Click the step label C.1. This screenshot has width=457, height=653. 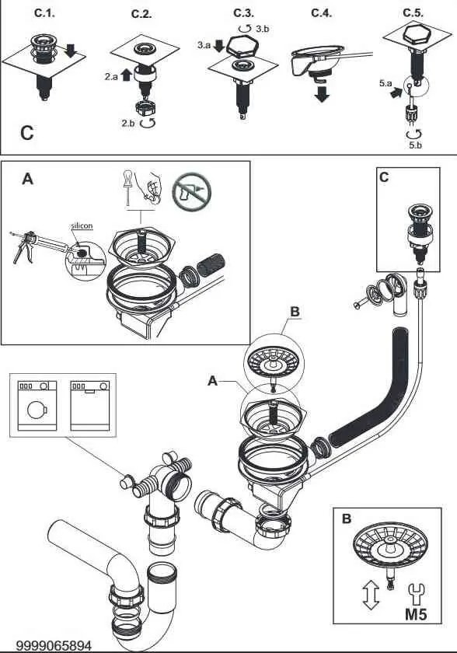click(x=44, y=13)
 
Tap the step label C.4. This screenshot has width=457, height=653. click(x=321, y=13)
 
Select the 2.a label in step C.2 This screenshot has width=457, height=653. click(x=111, y=77)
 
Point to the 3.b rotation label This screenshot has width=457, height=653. click(x=262, y=29)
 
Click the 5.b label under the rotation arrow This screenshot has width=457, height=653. click(x=415, y=145)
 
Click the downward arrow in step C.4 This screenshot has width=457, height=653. click(x=322, y=94)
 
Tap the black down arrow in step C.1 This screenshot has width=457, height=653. click(x=71, y=50)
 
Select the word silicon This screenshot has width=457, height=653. click(x=82, y=225)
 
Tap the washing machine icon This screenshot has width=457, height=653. click(x=37, y=406)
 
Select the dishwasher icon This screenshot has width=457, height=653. click(x=90, y=406)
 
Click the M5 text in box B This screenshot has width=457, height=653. click(x=416, y=615)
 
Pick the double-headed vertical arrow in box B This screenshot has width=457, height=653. click(x=371, y=595)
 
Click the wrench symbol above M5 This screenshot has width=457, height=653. click(x=416, y=594)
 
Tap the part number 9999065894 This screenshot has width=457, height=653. click(x=54, y=646)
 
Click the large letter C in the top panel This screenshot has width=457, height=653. click(x=27, y=133)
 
